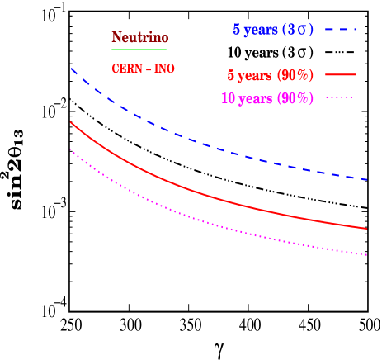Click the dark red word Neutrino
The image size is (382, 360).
tap(139, 38)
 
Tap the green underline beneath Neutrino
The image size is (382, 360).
tap(139, 50)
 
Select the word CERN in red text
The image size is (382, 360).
tap(125, 69)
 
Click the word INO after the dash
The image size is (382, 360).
tap(165, 69)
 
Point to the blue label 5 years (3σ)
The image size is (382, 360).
tap(273, 30)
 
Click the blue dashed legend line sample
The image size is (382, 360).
tap(340, 30)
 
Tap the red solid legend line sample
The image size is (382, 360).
tap(340, 74)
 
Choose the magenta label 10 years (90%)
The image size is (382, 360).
tap(267, 98)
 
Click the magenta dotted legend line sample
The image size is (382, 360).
tap(340, 97)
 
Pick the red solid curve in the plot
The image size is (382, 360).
tap(206, 196)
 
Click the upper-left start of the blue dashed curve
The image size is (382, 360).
tap(72, 69)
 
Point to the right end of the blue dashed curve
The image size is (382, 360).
tap(367, 179)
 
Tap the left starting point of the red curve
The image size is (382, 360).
tap(72, 122)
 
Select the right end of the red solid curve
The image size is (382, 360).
tap(367, 229)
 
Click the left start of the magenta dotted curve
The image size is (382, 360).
tap(72, 150)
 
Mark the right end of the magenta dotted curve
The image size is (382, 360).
tap(367, 255)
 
